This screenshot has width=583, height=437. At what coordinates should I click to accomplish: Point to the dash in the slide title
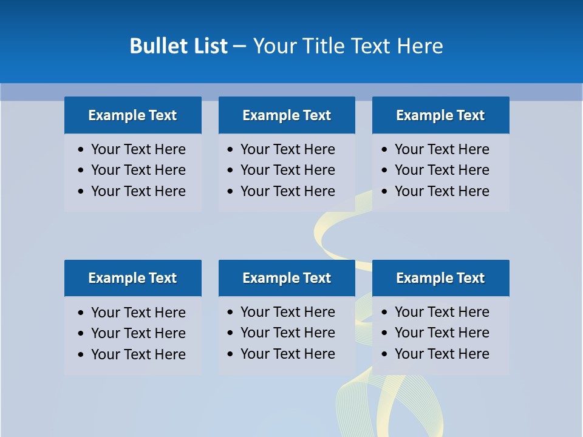pos(239,47)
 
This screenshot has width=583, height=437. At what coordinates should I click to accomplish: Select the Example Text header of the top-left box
pos(132,115)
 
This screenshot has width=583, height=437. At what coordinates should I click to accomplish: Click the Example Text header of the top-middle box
pos(287,115)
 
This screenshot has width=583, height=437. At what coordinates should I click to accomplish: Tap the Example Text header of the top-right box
pos(440,115)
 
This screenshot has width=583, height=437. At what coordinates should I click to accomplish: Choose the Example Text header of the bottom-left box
pos(132,278)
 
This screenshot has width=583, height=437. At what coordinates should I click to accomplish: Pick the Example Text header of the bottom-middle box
pos(287,278)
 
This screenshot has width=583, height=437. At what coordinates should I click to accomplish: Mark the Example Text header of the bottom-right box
pos(440,278)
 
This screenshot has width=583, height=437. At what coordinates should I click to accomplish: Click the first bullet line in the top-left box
pos(138,149)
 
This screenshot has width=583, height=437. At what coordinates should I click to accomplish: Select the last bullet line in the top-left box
pos(138,191)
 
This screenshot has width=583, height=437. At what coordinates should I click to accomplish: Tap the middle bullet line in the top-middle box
pos(287,170)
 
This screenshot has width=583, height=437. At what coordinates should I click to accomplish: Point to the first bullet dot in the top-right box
pos(385,150)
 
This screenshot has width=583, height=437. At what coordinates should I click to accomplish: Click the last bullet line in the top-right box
pos(442,191)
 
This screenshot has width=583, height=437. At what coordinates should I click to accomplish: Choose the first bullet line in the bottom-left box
pos(138,313)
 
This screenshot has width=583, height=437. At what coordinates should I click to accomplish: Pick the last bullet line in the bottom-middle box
pos(287,354)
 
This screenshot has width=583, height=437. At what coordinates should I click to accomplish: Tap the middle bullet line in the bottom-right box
pos(442,333)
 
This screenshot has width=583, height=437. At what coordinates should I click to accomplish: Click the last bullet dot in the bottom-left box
pos(81,355)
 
